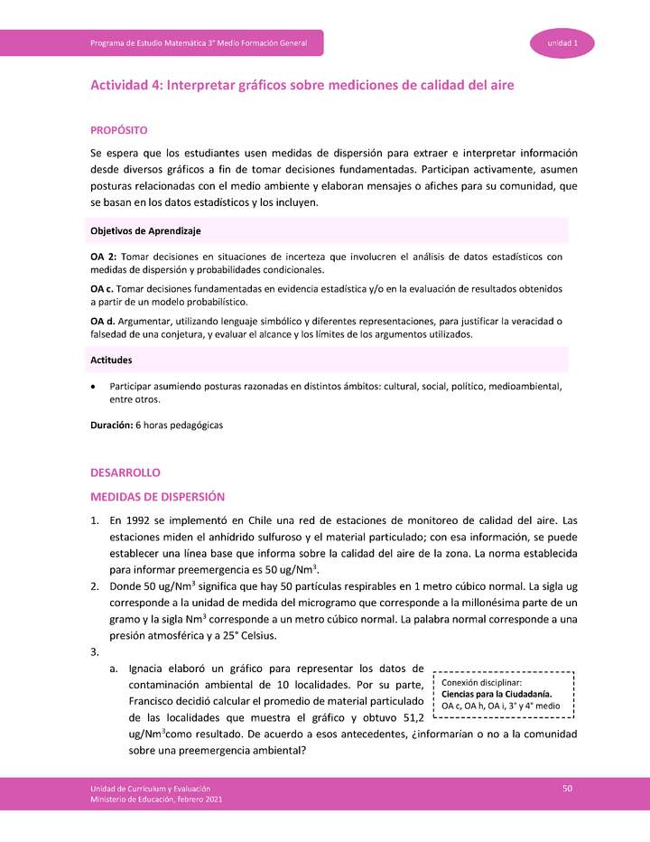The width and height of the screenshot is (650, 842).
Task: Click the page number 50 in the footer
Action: (568, 790)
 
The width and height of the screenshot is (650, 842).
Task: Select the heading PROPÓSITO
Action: (119, 132)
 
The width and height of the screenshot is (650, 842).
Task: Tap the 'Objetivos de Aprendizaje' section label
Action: (145, 231)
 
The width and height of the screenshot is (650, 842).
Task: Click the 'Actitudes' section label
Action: (112, 360)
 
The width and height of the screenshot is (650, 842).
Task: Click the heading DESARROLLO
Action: (125, 472)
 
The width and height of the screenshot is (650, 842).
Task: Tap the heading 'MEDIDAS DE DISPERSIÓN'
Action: (157, 497)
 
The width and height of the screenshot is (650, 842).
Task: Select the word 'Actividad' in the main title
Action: (120, 85)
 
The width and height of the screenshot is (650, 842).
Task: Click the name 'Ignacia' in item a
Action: (150, 669)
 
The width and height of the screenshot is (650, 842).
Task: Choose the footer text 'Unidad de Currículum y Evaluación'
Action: (150, 789)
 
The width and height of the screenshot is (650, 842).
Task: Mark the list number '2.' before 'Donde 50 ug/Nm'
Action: (95, 586)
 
